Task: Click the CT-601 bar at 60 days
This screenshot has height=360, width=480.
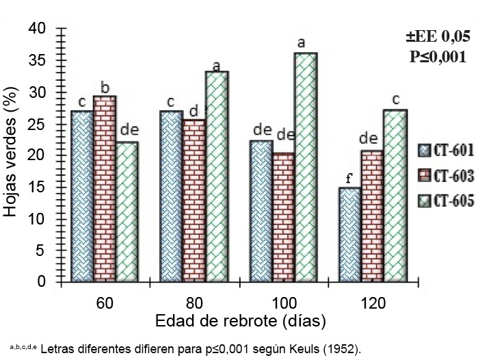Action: pyautogui.click(x=82, y=196)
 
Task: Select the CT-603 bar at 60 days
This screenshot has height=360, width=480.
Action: pyautogui.click(x=105, y=189)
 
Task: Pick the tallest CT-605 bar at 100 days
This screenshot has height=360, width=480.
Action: pyautogui.click(x=306, y=167)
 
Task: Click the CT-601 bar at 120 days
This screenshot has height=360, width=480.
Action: pyautogui.click(x=350, y=235)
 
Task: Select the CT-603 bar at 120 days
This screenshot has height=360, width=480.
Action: pyautogui.click(x=373, y=216)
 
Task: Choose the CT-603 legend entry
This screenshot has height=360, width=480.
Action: pyautogui.click(x=444, y=176)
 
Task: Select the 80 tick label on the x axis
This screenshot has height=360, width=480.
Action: pyautogui.click(x=195, y=303)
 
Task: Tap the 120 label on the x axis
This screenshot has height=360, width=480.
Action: pyautogui.click(x=373, y=303)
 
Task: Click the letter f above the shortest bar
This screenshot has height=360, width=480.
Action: pyautogui.click(x=349, y=179)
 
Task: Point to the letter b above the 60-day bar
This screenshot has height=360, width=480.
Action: pyautogui.click(x=105, y=87)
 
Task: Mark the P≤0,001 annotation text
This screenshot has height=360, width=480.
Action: pyautogui.click(x=438, y=57)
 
